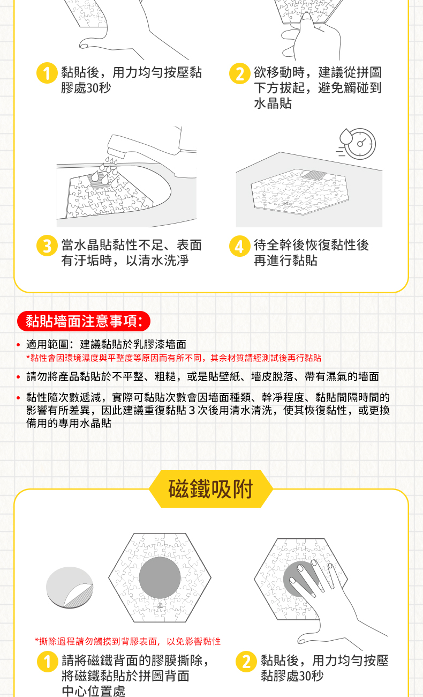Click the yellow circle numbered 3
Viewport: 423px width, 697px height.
pyautogui.click(x=47, y=246)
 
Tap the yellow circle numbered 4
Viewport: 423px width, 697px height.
pyautogui.click(x=240, y=246)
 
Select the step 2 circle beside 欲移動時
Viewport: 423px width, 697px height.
pyautogui.click(x=240, y=73)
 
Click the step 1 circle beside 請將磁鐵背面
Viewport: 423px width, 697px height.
pyautogui.click(x=48, y=661)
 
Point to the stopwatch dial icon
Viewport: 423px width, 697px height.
pyautogui.click(x=360, y=144)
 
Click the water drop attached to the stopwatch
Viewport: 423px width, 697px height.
pyautogui.click(x=345, y=137)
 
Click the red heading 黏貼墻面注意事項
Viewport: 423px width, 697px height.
pyautogui.click(x=84, y=321)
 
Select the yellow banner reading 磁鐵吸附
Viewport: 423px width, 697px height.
pyautogui.click(x=211, y=489)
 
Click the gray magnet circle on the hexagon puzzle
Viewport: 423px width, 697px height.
pyautogui.click(x=160, y=577)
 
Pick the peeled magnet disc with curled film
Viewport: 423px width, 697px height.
pyautogui.click(x=70, y=588)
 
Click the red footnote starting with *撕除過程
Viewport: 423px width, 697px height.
pyautogui.click(x=127, y=641)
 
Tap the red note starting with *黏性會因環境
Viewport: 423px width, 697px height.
pyautogui.click(x=173, y=358)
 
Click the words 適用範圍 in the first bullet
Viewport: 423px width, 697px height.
pyautogui.click(x=47, y=344)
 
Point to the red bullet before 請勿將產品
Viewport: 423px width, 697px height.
pyautogui.click(x=18, y=377)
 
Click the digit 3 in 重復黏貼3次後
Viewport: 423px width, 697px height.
pyautogui.click(x=192, y=410)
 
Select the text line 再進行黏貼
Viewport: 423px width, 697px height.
pyautogui.click(x=285, y=261)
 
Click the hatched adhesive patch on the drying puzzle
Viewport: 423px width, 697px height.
pyautogui.click(x=314, y=175)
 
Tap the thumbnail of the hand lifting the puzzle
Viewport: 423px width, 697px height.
pyautogui.click(x=311, y=30)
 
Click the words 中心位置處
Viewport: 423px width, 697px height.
pyautogui.click(x=94, y=691)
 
